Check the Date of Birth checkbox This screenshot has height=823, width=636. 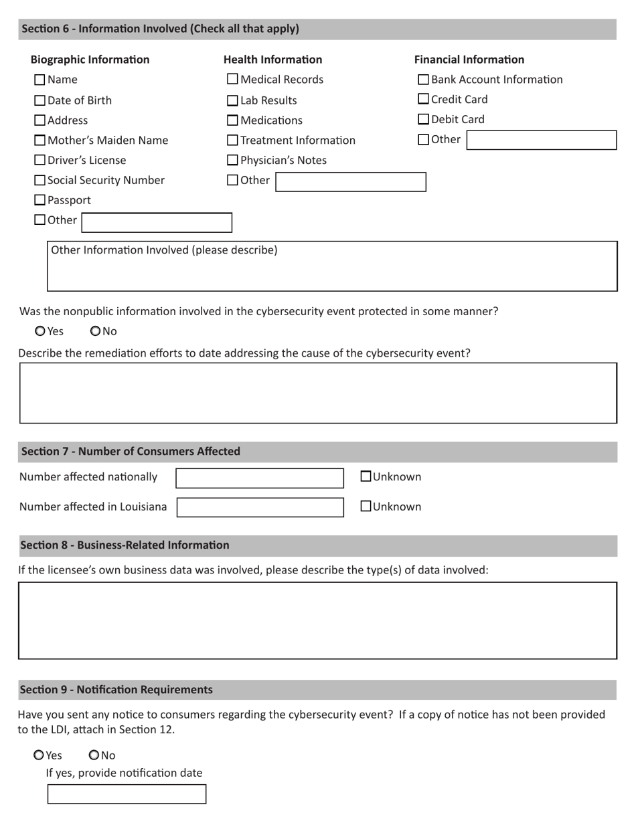(39, 101)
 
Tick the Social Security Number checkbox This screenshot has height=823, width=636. (39, 181)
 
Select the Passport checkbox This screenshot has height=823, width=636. (39, 200)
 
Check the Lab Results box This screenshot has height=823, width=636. (232, 101)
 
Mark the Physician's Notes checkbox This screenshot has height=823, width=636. (232, 161)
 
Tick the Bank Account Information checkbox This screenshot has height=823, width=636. (423, 80)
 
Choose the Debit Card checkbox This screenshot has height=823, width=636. (423, 120)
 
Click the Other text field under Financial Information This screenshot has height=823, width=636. (541, 140)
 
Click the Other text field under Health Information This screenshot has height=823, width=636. (350, 182)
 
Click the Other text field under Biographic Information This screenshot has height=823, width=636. (157, 222)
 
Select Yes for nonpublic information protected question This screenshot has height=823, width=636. (40, 331)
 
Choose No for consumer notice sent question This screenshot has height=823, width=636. (94, 755)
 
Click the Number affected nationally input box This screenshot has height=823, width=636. (260, 478)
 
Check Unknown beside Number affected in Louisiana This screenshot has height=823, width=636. (366, 507)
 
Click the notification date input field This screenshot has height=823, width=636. (127, 794)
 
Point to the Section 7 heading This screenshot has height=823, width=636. (131, 452)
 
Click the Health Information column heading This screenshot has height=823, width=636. (272, 60)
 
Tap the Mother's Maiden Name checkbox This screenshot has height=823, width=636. (39, 141)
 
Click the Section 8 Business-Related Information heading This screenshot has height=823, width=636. (125, 545)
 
